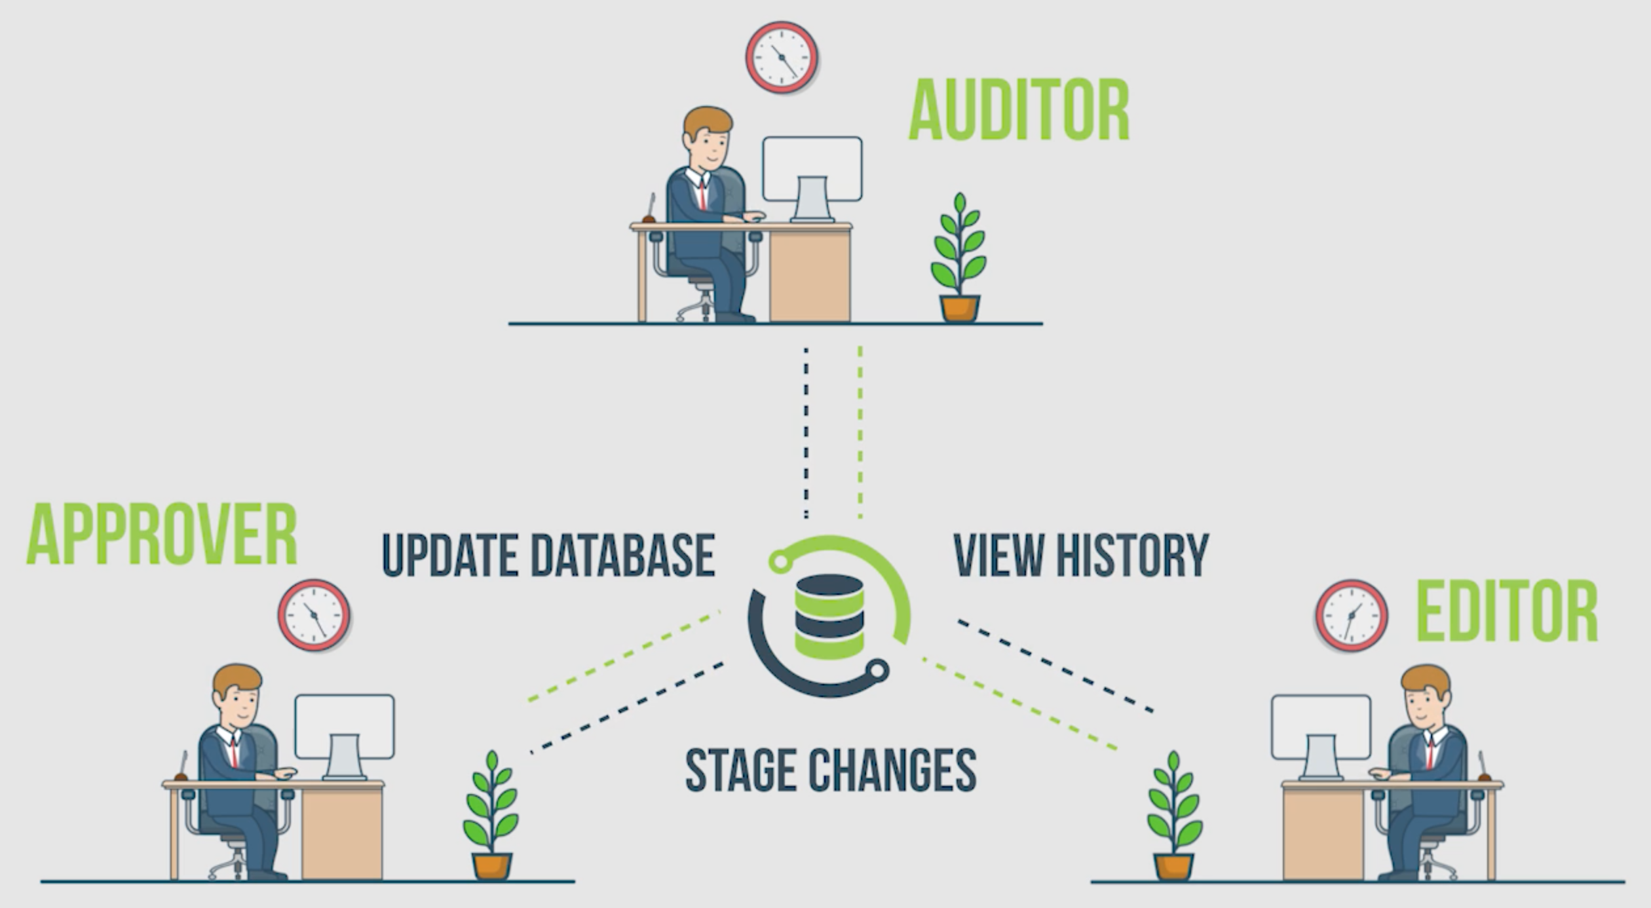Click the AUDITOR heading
point(1019,110)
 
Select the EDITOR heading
point(1507,611)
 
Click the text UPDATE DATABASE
point(548,556)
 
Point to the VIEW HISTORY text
point(1081,556)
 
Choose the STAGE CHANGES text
point(831,770)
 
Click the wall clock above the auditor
point(782,57)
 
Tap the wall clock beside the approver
point(314,615)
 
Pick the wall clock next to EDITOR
point(1352,615)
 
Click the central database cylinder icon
point(829,616)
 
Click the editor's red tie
point(1430,753)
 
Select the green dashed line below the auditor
point(860,432)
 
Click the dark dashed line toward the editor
point(1055,666)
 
